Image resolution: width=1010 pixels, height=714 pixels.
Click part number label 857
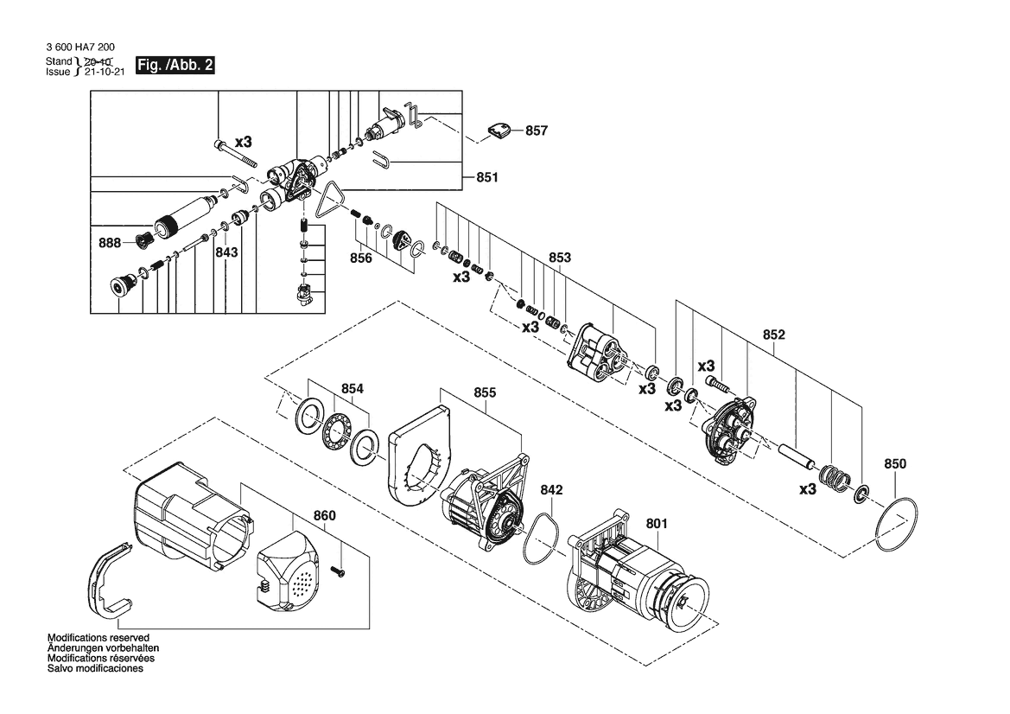(536, 131)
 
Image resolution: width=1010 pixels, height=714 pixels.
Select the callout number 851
(487, 177)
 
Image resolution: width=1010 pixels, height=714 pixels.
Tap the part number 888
(110, 243)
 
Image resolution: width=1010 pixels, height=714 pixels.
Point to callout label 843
(226, 252)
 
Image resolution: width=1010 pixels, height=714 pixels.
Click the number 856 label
(361, 258)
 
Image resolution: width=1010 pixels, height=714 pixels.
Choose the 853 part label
(560, 258)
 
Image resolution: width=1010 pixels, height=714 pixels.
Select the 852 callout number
(773, 335)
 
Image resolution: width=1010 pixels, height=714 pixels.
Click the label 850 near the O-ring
(895, 464)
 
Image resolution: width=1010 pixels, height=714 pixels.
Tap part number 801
(657, 524)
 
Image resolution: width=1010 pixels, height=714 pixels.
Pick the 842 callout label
(551, 490)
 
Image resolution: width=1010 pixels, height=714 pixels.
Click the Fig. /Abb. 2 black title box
(175, 65)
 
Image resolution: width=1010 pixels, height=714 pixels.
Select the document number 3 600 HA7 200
(80, 47)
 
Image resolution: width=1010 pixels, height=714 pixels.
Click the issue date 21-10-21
(105, 72)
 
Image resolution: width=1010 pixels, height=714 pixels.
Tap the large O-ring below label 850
(896, 524)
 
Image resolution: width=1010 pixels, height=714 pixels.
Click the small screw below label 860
(338, 571)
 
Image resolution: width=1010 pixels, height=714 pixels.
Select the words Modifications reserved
(98, 638)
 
